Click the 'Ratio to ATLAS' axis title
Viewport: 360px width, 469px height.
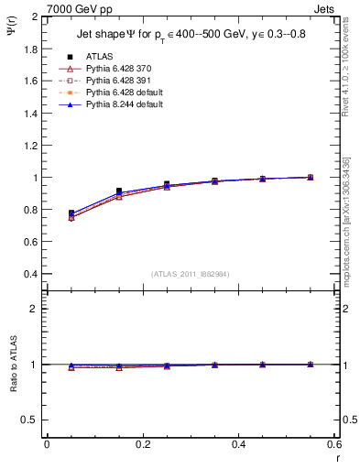click(12, 364)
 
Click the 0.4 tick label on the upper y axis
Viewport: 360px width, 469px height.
click(31, 274)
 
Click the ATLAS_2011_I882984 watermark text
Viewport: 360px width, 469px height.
click(190, 275)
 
